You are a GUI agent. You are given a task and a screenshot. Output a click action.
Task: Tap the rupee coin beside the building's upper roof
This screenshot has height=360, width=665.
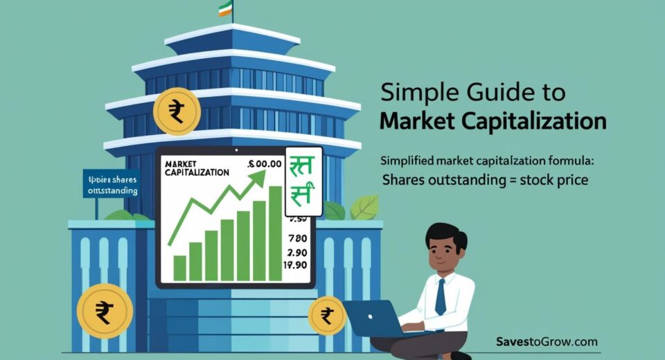point(177,111)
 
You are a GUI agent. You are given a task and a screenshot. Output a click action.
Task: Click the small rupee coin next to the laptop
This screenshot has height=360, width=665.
point(326,316)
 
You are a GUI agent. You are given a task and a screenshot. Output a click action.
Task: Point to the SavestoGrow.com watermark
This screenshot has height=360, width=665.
point(547,341)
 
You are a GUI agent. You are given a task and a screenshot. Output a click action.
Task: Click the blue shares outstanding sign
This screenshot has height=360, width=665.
point(111,183)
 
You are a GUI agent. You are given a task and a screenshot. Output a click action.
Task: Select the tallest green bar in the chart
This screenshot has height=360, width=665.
point(275,233)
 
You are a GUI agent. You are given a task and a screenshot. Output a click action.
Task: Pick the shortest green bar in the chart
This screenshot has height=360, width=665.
point(179,267)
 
